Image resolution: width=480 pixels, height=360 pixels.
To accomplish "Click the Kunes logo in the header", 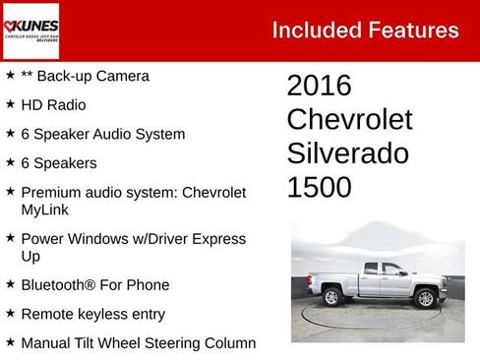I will point(30,30).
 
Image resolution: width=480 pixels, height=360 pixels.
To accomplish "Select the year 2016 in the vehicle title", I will point(319,86).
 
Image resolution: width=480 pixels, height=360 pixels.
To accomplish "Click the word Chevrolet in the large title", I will point(349,120).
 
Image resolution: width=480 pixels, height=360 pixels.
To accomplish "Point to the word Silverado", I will point(347,153).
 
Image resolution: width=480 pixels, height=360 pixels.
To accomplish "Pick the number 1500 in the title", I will point(319,188).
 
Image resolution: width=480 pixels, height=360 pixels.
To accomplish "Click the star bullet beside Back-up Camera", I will point(10,75).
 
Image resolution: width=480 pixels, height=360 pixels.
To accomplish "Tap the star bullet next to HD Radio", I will point(10,104).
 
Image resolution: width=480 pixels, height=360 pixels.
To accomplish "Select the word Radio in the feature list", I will point(67,105).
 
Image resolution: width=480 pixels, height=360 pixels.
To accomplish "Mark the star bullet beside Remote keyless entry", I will point(10,314).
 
